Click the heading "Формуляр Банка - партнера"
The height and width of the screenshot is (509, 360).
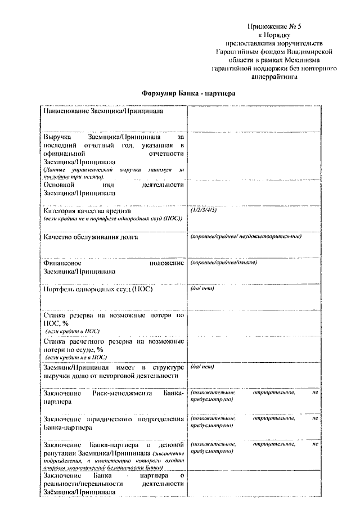pyautogui.click(x=188, y=93)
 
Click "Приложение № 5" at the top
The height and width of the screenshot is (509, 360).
pyautogui.click(x=272, y=26)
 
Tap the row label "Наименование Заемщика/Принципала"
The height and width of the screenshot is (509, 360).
pyautogui.click(x=103, y=112)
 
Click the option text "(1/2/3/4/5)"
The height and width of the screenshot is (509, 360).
pyautogui.click(x=204, y=209)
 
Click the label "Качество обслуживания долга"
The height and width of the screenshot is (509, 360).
pyautogui.click(x=91, y=237)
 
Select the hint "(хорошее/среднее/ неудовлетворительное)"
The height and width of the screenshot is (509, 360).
pyautogui.click(x=246, y=236)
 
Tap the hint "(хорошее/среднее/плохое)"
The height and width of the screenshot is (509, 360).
pyautogui.click(x=223, y=263)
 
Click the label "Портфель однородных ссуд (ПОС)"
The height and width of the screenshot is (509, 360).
pyautogui.click(x=98, y=290)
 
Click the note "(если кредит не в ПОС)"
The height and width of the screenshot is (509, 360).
pyautogui.click(x=76, y=357)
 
